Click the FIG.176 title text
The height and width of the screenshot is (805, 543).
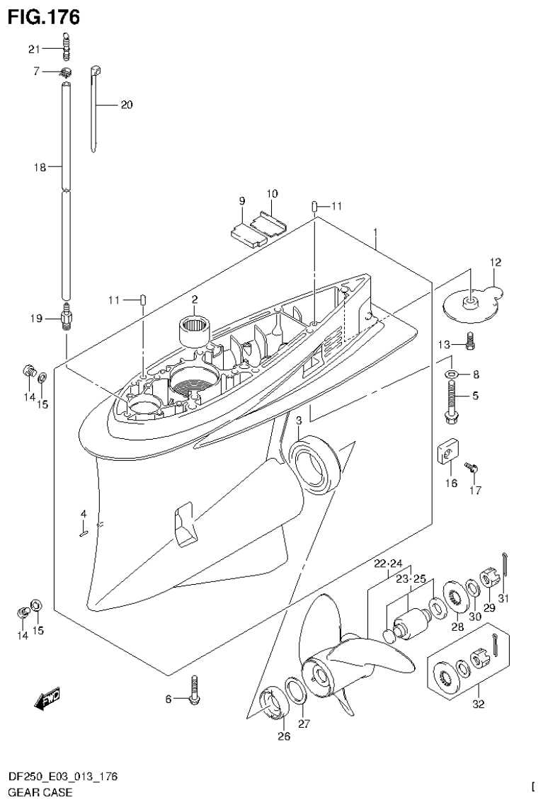point(44,16)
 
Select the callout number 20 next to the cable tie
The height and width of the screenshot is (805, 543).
point(126,105)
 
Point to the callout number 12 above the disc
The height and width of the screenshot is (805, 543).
point(494,263)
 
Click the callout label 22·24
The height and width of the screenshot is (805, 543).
point(388,564)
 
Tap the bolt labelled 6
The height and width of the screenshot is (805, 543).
point(194,690)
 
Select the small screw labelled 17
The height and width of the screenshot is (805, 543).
point(469,467)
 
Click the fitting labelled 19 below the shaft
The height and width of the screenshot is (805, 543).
point(66,318)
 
